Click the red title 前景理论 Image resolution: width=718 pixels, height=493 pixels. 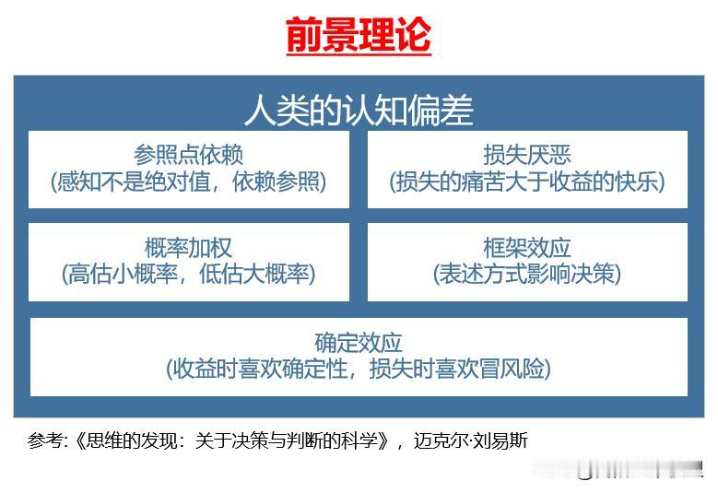(x=359, y=36)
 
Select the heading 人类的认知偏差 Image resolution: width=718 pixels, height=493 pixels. (x=359, y=111)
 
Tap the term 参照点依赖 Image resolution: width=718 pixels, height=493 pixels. (x=189, y=155)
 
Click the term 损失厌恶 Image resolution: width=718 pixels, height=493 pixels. (x=527, y=155)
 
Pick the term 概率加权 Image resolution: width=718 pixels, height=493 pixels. (x=189, y=248)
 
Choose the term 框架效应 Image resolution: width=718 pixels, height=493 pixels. (x=527, y=248)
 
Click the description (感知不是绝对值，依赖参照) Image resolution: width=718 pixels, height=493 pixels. (x=189, y=181)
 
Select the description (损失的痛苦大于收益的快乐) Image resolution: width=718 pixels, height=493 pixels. (x=527, y=181)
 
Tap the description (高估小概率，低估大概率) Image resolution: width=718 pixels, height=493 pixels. (x=189, y=274)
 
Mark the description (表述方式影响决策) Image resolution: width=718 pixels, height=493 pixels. (x=527, y=274)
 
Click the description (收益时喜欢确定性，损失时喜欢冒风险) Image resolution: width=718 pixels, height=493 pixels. (x=359, y=370)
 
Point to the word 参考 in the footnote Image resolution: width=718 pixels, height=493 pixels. (x=45, y=440)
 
